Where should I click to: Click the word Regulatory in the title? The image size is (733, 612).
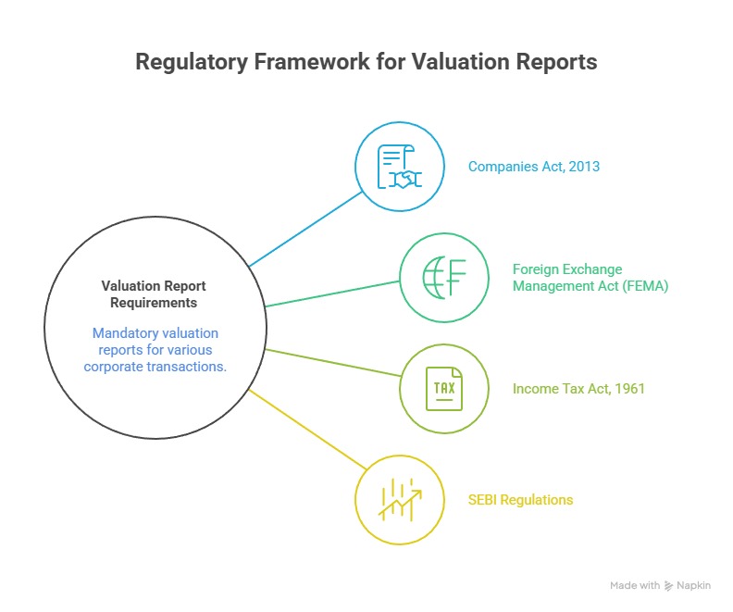tap(192, 63)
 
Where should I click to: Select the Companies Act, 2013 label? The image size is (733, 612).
tap(534, 167)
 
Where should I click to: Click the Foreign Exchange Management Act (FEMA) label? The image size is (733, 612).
tap(590, 278)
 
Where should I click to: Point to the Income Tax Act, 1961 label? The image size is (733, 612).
tap(578, 389)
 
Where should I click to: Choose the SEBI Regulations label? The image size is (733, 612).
tap(520, 500)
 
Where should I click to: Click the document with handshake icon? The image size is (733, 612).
tap(399, 167)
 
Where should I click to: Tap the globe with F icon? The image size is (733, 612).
tap(444, 278)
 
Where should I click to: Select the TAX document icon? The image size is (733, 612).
tap(444, 389)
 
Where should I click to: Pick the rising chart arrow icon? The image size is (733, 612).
tap(400, 500)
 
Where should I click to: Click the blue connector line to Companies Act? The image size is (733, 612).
tap(305, 229)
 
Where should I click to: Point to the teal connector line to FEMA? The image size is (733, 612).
tap(332, 294)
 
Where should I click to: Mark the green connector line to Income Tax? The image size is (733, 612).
tap(333, 363)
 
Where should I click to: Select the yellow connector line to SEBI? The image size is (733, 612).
tap(307, 430)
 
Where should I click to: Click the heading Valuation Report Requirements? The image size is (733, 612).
tap(154, 294)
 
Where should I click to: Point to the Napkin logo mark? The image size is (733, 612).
tap(669, 586)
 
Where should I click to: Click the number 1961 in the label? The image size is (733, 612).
tap(629, 389)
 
